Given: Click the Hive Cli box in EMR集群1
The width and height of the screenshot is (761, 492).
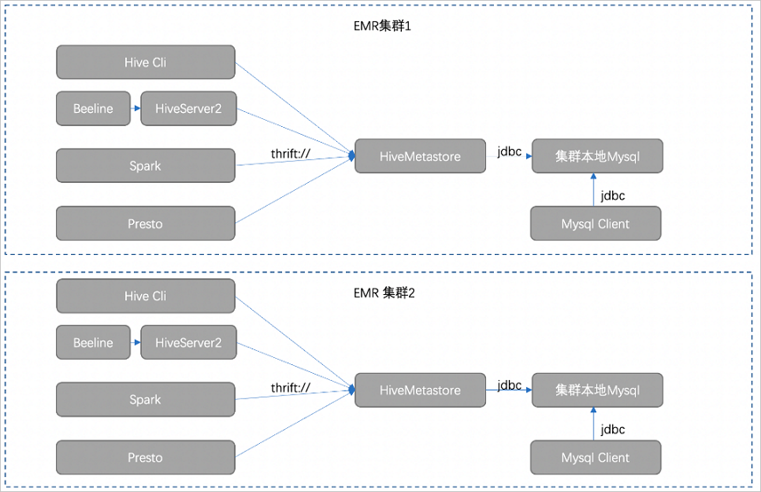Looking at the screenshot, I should [145, 63].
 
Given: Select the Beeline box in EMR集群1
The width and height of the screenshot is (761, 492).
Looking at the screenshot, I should [93, 109].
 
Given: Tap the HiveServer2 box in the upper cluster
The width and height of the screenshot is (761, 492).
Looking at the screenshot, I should [188, 109].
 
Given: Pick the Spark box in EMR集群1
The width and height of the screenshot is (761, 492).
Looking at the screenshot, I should [145, 165].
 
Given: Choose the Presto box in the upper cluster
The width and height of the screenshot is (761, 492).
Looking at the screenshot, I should [145, 223].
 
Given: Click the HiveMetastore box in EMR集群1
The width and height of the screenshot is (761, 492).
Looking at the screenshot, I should [419, 156].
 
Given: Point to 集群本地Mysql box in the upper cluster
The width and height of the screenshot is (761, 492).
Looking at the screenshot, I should [596, 156].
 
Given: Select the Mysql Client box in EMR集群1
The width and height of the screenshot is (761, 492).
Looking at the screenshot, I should [595, 223].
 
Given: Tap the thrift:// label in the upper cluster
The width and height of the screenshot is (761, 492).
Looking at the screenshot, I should [291, 154].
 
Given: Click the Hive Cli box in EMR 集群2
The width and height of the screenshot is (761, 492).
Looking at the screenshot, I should [145, 296].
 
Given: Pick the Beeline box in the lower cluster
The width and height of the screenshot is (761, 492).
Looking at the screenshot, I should [93, 342].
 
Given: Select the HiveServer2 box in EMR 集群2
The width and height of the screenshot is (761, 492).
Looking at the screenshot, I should [188, 342].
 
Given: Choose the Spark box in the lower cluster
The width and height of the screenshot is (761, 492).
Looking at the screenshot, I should [145, 399].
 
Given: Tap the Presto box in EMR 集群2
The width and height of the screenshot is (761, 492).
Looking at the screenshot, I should [145, 457].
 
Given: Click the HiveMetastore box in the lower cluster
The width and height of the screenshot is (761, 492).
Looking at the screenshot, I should [419, 390].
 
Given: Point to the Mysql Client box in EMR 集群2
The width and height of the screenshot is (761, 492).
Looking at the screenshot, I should [595, 457].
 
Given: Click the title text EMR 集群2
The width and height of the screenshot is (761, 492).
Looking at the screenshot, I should [378, 293].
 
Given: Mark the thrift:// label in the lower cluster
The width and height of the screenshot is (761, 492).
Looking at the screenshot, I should [291, 388].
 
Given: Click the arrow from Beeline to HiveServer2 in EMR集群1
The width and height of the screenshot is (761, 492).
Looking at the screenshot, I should [135, 109].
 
